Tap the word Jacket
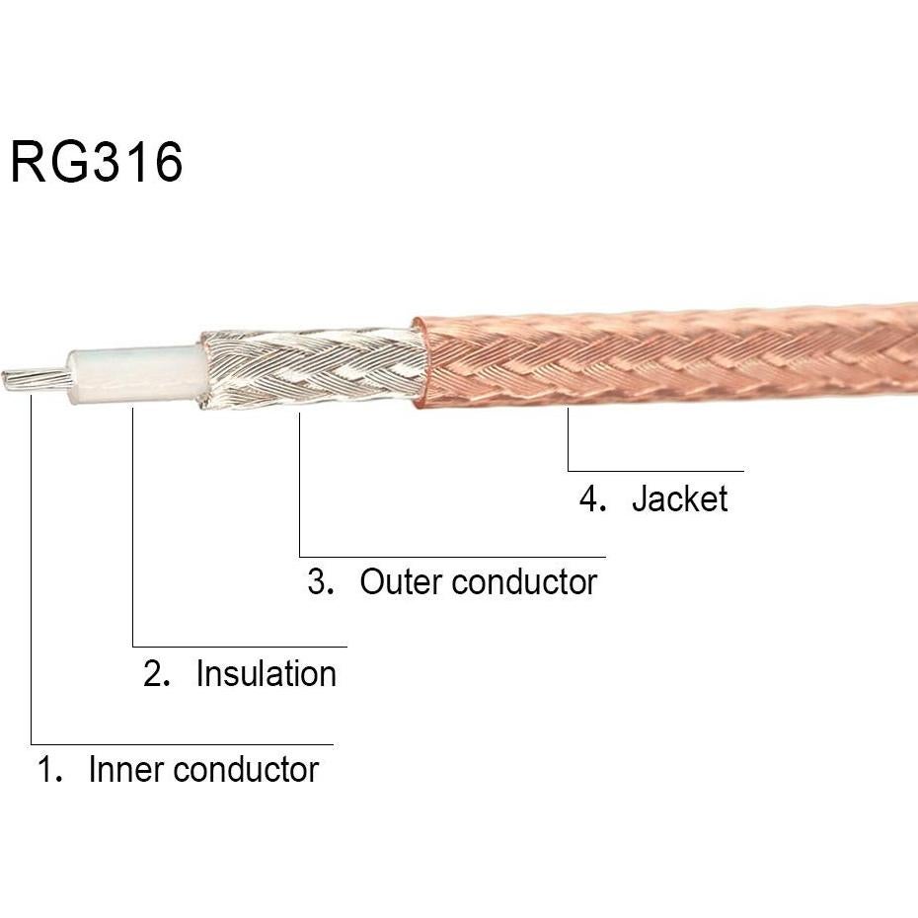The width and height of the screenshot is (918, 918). click(679, 498)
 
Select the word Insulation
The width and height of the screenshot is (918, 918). click(266, 673)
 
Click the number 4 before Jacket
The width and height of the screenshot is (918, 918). click(590, 498)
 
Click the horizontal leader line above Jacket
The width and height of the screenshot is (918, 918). click(656, 471)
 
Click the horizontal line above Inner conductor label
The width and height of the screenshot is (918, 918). click(183, 744)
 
